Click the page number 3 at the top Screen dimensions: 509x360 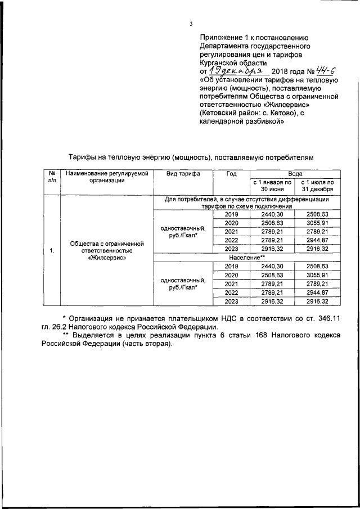click(191, 24)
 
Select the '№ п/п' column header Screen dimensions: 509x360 click(52, 177)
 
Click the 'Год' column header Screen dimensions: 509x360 click(231, 174)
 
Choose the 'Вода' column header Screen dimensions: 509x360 click(296, 174)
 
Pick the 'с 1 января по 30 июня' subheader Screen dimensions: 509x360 click(272, 186)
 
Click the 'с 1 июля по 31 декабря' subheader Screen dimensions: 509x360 click(318, 186)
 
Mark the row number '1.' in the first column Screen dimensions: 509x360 click(52, 250)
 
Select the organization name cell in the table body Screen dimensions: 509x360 click(107, 251)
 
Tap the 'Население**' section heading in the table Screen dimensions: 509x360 click(247, 257)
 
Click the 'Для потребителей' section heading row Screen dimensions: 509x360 click(247, 203)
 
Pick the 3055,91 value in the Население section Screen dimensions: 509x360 click(318, 275)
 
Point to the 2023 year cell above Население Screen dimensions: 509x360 click(231, 248)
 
